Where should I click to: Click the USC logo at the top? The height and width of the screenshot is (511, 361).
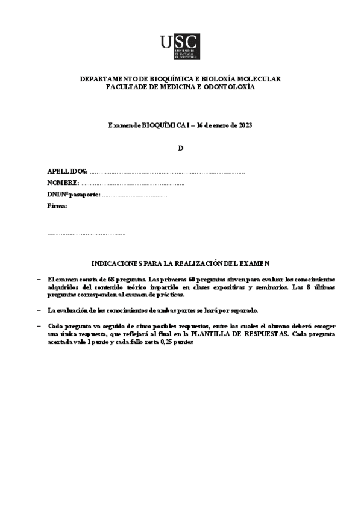coord(180,46)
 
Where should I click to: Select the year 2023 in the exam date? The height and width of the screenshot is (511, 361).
coord(244,125)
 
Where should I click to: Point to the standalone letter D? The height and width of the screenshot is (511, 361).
coord(180,148)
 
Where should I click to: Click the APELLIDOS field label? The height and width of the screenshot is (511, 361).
coord(67,172)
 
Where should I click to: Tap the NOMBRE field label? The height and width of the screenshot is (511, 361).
coord(63,183)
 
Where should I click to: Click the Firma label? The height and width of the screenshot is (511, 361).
coord(57,206)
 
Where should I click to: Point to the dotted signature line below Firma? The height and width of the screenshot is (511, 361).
coord(86,233)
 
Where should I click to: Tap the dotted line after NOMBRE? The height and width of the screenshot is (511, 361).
coord(132,183)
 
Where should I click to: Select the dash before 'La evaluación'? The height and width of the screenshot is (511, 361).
coord(39,310)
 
